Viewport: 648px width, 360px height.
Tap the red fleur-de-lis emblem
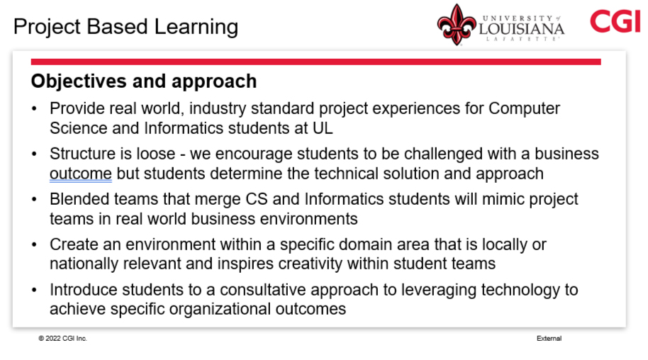coord(457,25)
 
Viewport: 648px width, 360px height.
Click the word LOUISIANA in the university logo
coord(522,28)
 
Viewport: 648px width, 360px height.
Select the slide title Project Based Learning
coord(125,27)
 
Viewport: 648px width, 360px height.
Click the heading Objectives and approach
coord(144,81)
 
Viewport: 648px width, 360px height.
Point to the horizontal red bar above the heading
coord(315,62)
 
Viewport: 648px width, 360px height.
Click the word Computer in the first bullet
coord(524,108)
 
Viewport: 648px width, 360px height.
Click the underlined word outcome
coord(81,174)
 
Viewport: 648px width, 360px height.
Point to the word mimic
coord(503,199)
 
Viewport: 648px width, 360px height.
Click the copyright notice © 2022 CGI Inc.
coord(63,339)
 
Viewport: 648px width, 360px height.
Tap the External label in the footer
coord(549,339)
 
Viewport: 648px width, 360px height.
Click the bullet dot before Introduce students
coord(34,290)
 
